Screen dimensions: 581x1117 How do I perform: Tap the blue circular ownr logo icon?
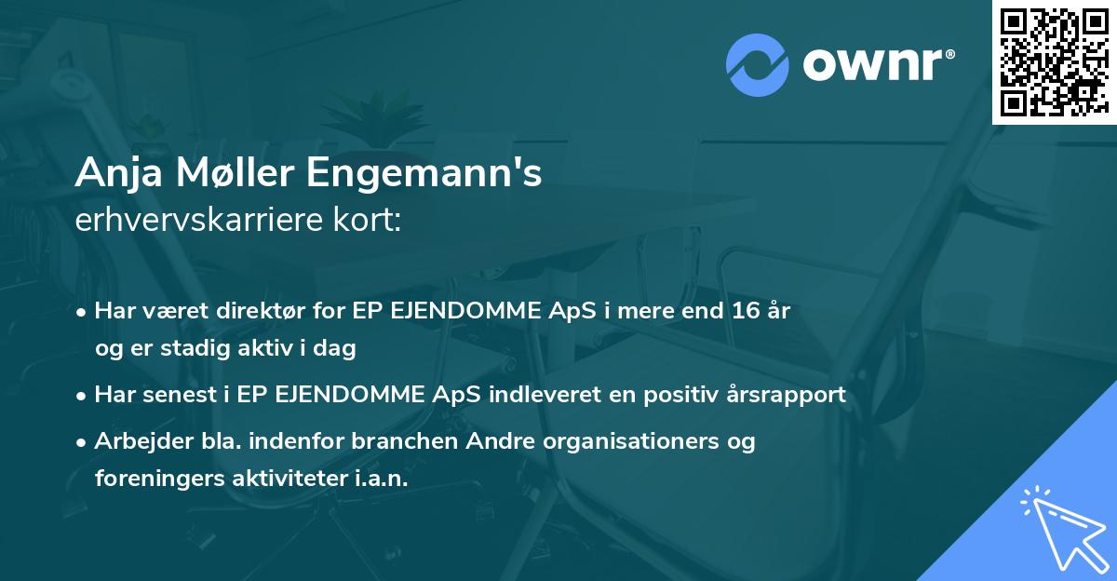[758, 64]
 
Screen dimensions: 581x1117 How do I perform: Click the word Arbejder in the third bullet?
[136, 440]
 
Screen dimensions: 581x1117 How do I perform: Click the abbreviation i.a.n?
[381, 478]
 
